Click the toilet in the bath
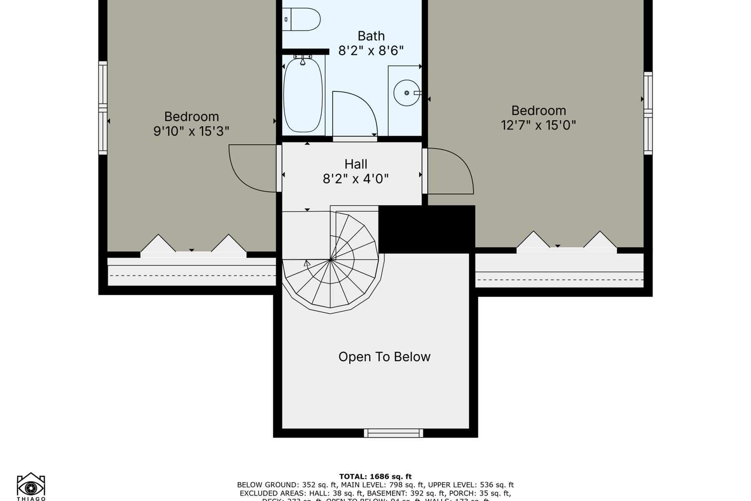pyautogui.click(x=302, y=19)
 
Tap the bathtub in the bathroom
pyautogui.click(x=303, y=95)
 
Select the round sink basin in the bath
pyautogui.click(x=406, y=93)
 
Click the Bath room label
pyautogui.click(x=371, y=36)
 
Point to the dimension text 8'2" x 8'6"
pyautogui.click(x=371, y=51)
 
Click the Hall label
pyautogui.click(x=356, y=164)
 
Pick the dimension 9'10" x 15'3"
pyautogui.click(x=191, y=131)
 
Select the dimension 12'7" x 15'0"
pyautogui.click(x=538, y=125)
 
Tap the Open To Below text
pyautogui.click(x=384, y=357)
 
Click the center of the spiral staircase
pyautogui.click(x=330, y=260)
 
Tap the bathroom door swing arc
pyautogui.click(x=355, y=113)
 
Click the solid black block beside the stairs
pyautogui.click(x=426, y=229)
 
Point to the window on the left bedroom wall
pyautogui.click(x=103, y=108)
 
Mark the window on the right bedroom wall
pyautogui.click(x=648, y=113)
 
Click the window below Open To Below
pyautogui.click(x=393, y=433)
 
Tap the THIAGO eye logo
pyautogui.click(x=31, y=487)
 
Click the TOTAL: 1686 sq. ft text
pyautogui.click(x=375, y=476)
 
